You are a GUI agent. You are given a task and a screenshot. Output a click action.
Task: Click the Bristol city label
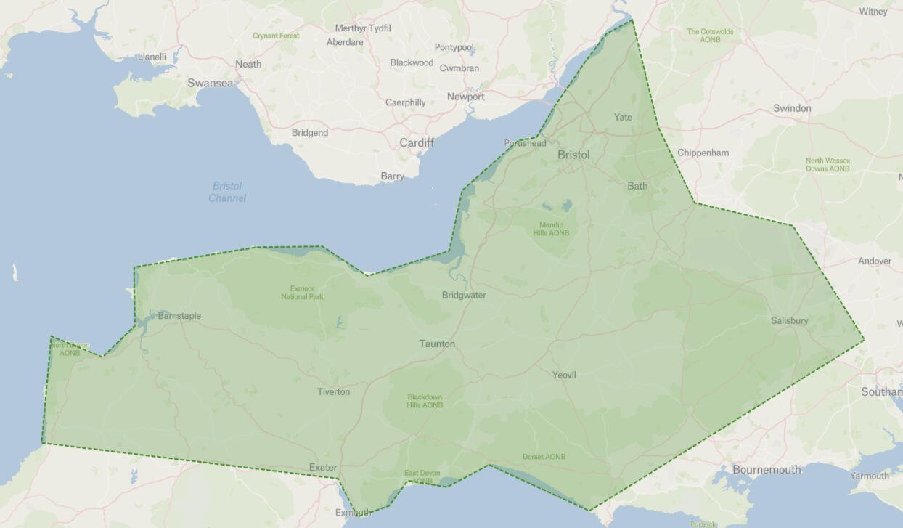coord(573,155)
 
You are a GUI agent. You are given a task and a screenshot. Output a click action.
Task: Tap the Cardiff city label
coord(417,142)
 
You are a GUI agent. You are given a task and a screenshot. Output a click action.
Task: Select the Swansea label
coord(211,83)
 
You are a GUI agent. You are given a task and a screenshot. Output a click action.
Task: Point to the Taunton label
coord(437,344)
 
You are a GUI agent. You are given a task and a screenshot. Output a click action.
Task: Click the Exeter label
coord(323,467)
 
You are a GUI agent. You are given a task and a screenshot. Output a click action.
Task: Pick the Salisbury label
coord(789,320)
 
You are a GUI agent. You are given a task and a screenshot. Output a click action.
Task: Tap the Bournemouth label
coord(767,469)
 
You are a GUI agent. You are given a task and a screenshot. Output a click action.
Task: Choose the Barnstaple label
coord(179,316)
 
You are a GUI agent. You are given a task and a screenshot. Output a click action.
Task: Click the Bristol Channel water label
coord(227,192)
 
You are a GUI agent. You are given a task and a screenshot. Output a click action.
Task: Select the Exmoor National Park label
coord(302,293)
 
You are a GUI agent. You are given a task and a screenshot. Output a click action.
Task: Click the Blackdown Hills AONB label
coord(425,401)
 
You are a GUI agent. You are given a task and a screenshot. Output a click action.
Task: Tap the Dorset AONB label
coord(544,457)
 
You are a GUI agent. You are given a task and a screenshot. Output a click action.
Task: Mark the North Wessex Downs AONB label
coord(828,165)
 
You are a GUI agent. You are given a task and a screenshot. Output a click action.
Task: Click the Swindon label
coord(792,108)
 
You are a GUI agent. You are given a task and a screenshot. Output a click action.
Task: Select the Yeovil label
coord(564,375)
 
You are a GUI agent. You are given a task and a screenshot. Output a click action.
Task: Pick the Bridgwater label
coord(464,295)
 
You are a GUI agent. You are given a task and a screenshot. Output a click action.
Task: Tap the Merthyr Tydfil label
coord(363,28)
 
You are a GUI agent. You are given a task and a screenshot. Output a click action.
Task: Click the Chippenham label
coord(703,153)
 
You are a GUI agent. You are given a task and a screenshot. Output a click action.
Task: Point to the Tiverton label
coord(333,391)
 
